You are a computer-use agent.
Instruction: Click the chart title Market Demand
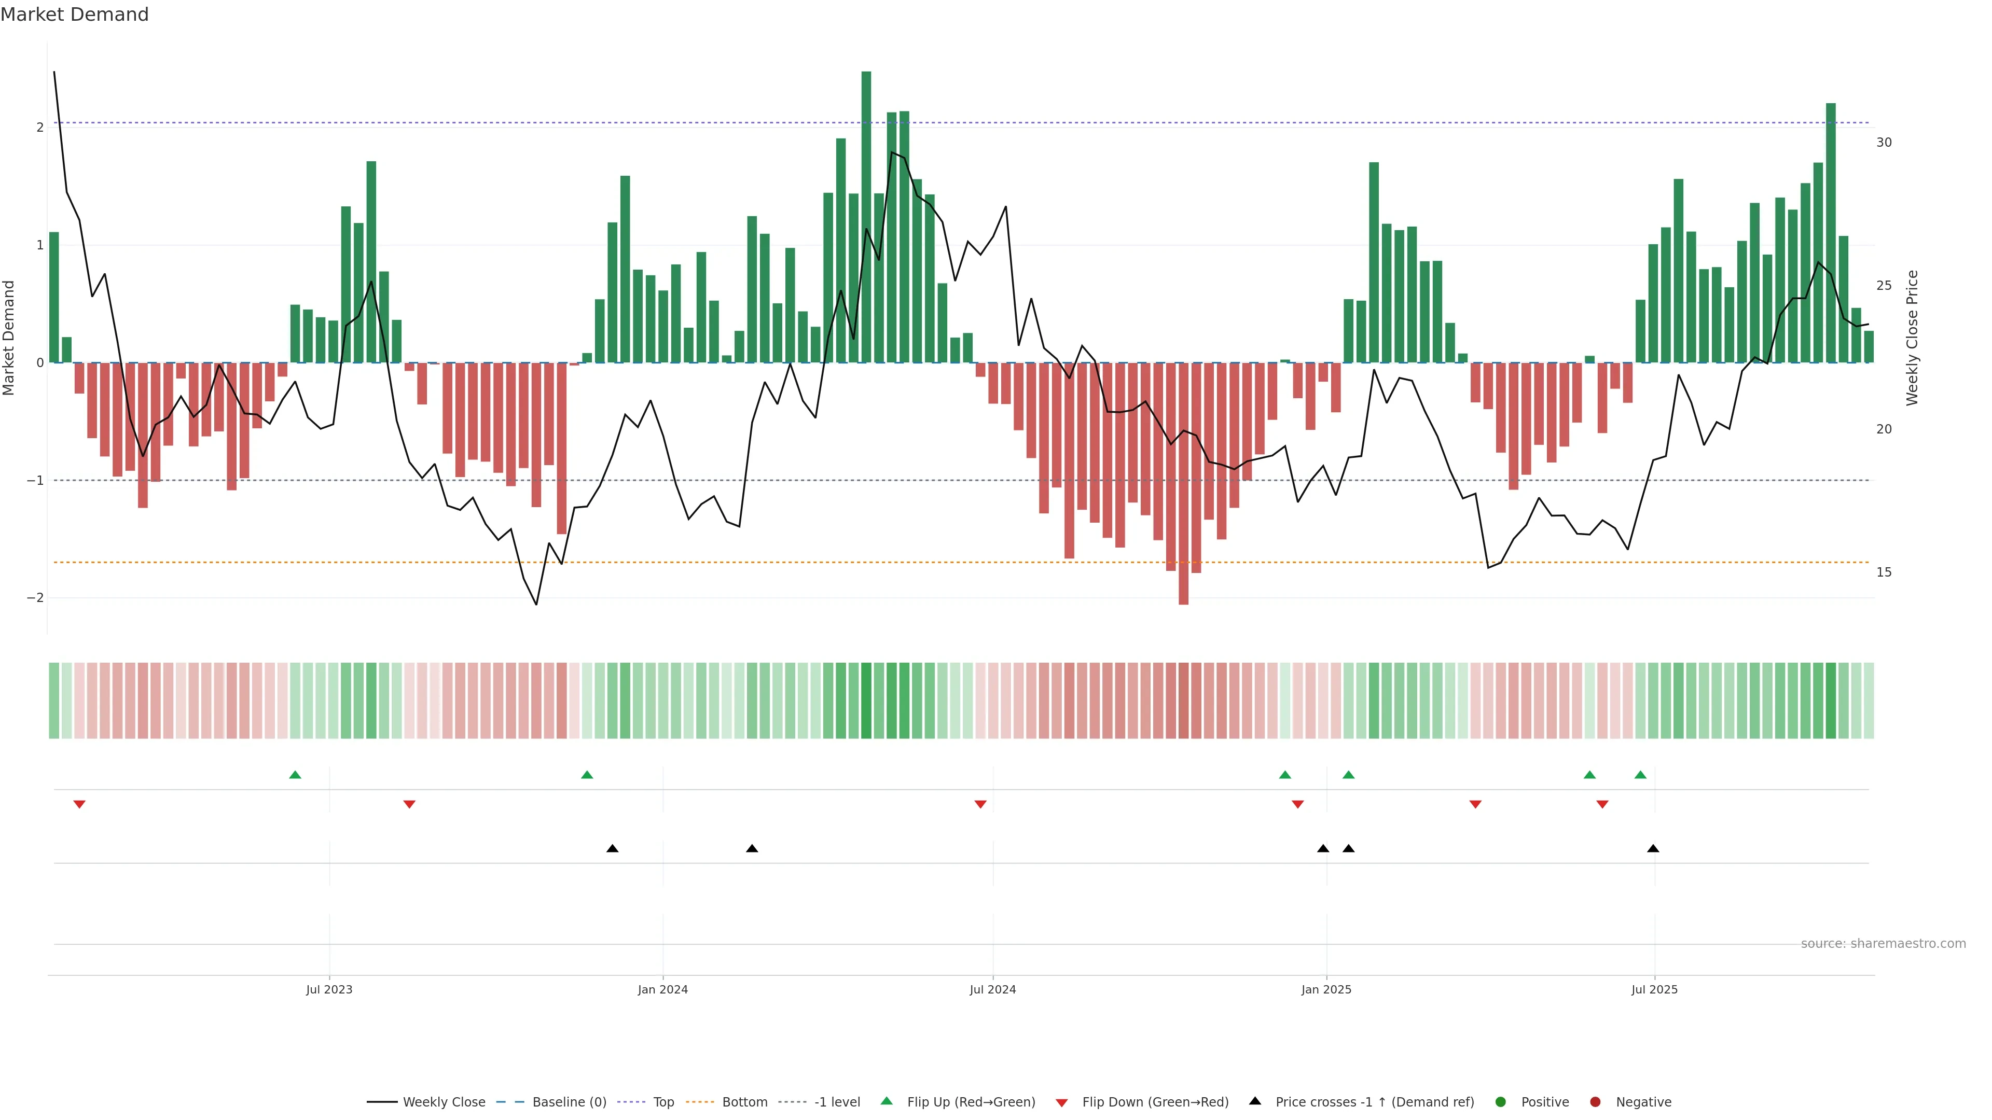coord(74,15)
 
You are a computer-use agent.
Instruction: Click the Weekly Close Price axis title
coord(1912,338)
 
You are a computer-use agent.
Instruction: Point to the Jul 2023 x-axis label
coord(329,989)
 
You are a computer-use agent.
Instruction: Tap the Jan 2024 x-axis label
coord(663,989)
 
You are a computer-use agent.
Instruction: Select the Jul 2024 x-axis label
coord(993,989)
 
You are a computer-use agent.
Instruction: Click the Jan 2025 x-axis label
coord(1326,989)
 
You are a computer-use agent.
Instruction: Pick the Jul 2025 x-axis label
coord(1654,989)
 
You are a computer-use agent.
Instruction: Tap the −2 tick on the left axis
coord(36,597)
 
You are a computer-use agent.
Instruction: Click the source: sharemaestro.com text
coord(1883,944)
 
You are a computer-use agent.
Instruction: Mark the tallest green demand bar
coord(866,216)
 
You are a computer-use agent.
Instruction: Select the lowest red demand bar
coord(1183,484)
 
